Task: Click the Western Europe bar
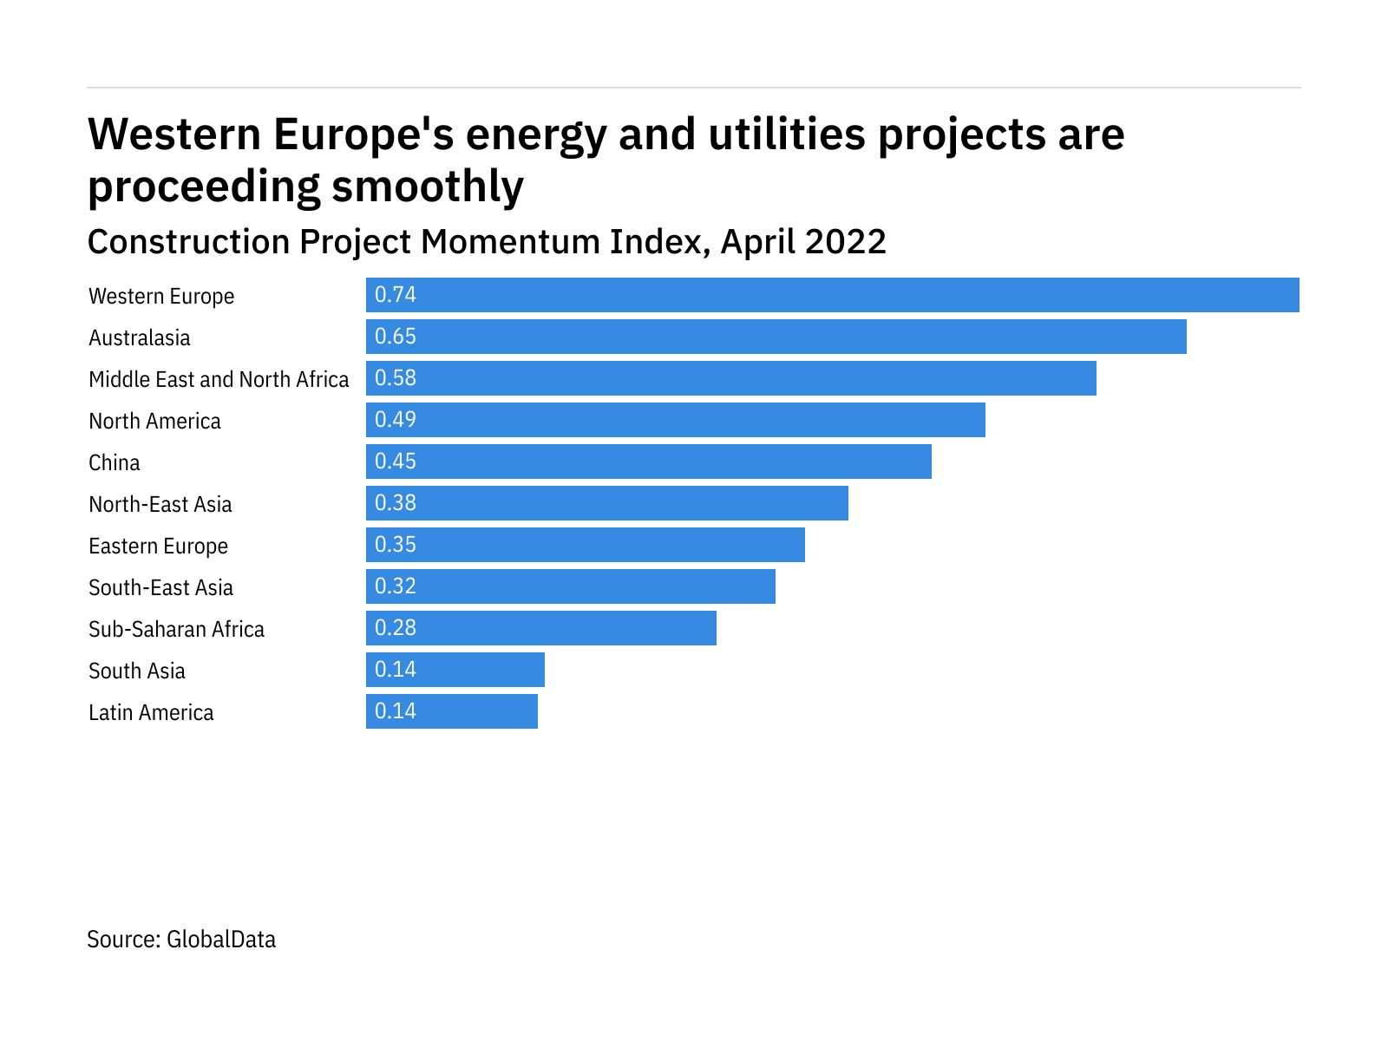click(833, 295)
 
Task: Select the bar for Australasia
click(776, 337)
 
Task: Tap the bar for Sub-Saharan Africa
click(541, 628)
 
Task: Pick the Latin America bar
click(452, 711)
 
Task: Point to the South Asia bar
click(455, 670)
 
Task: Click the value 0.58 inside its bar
click(396, 378)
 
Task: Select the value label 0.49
click(396, 420)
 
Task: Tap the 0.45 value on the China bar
click(396, 462)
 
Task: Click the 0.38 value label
click(396, 503)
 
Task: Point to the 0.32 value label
click(396, 586)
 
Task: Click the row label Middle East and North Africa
click(219, 379)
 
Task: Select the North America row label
click(154, 421)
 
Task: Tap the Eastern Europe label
click(158, 546)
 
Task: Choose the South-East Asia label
click(160, 587)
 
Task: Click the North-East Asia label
click(160, 504)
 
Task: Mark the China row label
click(114, 462)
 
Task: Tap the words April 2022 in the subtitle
click(802, 241)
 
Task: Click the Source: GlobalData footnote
click(181, 940)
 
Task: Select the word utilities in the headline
click(787, 134)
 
